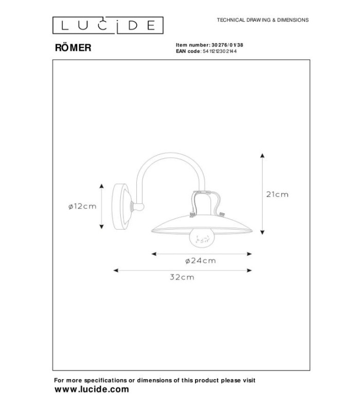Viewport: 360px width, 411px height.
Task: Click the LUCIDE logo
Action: [x=108, y=25]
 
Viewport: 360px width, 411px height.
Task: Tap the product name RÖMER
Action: [x=73, y=48]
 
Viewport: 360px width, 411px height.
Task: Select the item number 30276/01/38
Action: [x=227, y=45]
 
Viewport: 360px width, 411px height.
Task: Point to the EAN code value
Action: [x=220, y=51]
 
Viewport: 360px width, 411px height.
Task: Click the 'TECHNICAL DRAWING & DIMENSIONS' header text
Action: [x=263, y=20]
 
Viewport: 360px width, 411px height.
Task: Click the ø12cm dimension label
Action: [x=82, y=207]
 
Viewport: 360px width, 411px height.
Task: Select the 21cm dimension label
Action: [x=277, y=195]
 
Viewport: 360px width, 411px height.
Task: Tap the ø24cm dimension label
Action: [x=201, y=261]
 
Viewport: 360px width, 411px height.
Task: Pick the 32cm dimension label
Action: [x=182, y=277]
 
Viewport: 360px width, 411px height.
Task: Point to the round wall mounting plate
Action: [x=121, y=207]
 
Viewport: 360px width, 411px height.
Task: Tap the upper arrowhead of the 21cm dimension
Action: [x=262, y=156]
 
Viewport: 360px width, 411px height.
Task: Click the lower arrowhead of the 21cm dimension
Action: [x=262, y=232]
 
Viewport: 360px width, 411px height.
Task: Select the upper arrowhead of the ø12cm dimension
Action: [x=101, y=186]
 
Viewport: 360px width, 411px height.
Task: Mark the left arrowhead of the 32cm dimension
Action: [x=115, y=270]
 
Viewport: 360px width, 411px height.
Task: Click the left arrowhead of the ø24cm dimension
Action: [x=154, y=254]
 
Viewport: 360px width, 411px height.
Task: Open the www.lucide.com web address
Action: [x=92, y=389]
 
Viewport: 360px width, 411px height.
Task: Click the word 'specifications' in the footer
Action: [x=105, y=380]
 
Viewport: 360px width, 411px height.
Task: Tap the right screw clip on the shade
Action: [x=222, y=215]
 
